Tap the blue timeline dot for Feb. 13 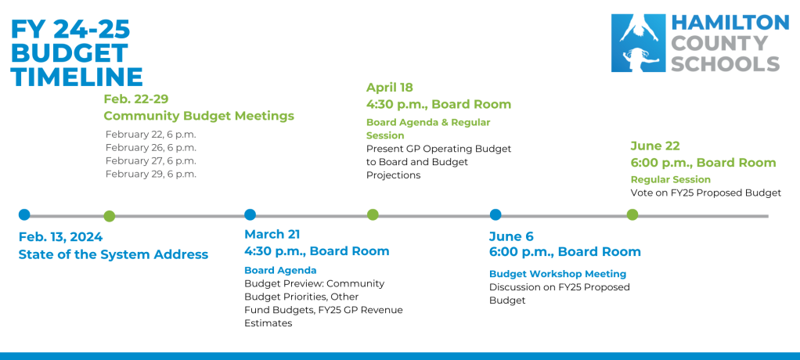24,214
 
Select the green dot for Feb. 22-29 110,216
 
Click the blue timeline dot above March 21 250,214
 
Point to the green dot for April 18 373,214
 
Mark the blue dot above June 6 495,214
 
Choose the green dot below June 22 632,214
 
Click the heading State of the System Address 114,254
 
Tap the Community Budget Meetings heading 199,116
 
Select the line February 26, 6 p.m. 151,147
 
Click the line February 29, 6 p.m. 151,174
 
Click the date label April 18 389,88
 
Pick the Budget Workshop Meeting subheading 557,274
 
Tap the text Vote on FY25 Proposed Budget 705,193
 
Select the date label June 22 655,146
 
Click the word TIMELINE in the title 77,77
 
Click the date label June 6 511,235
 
